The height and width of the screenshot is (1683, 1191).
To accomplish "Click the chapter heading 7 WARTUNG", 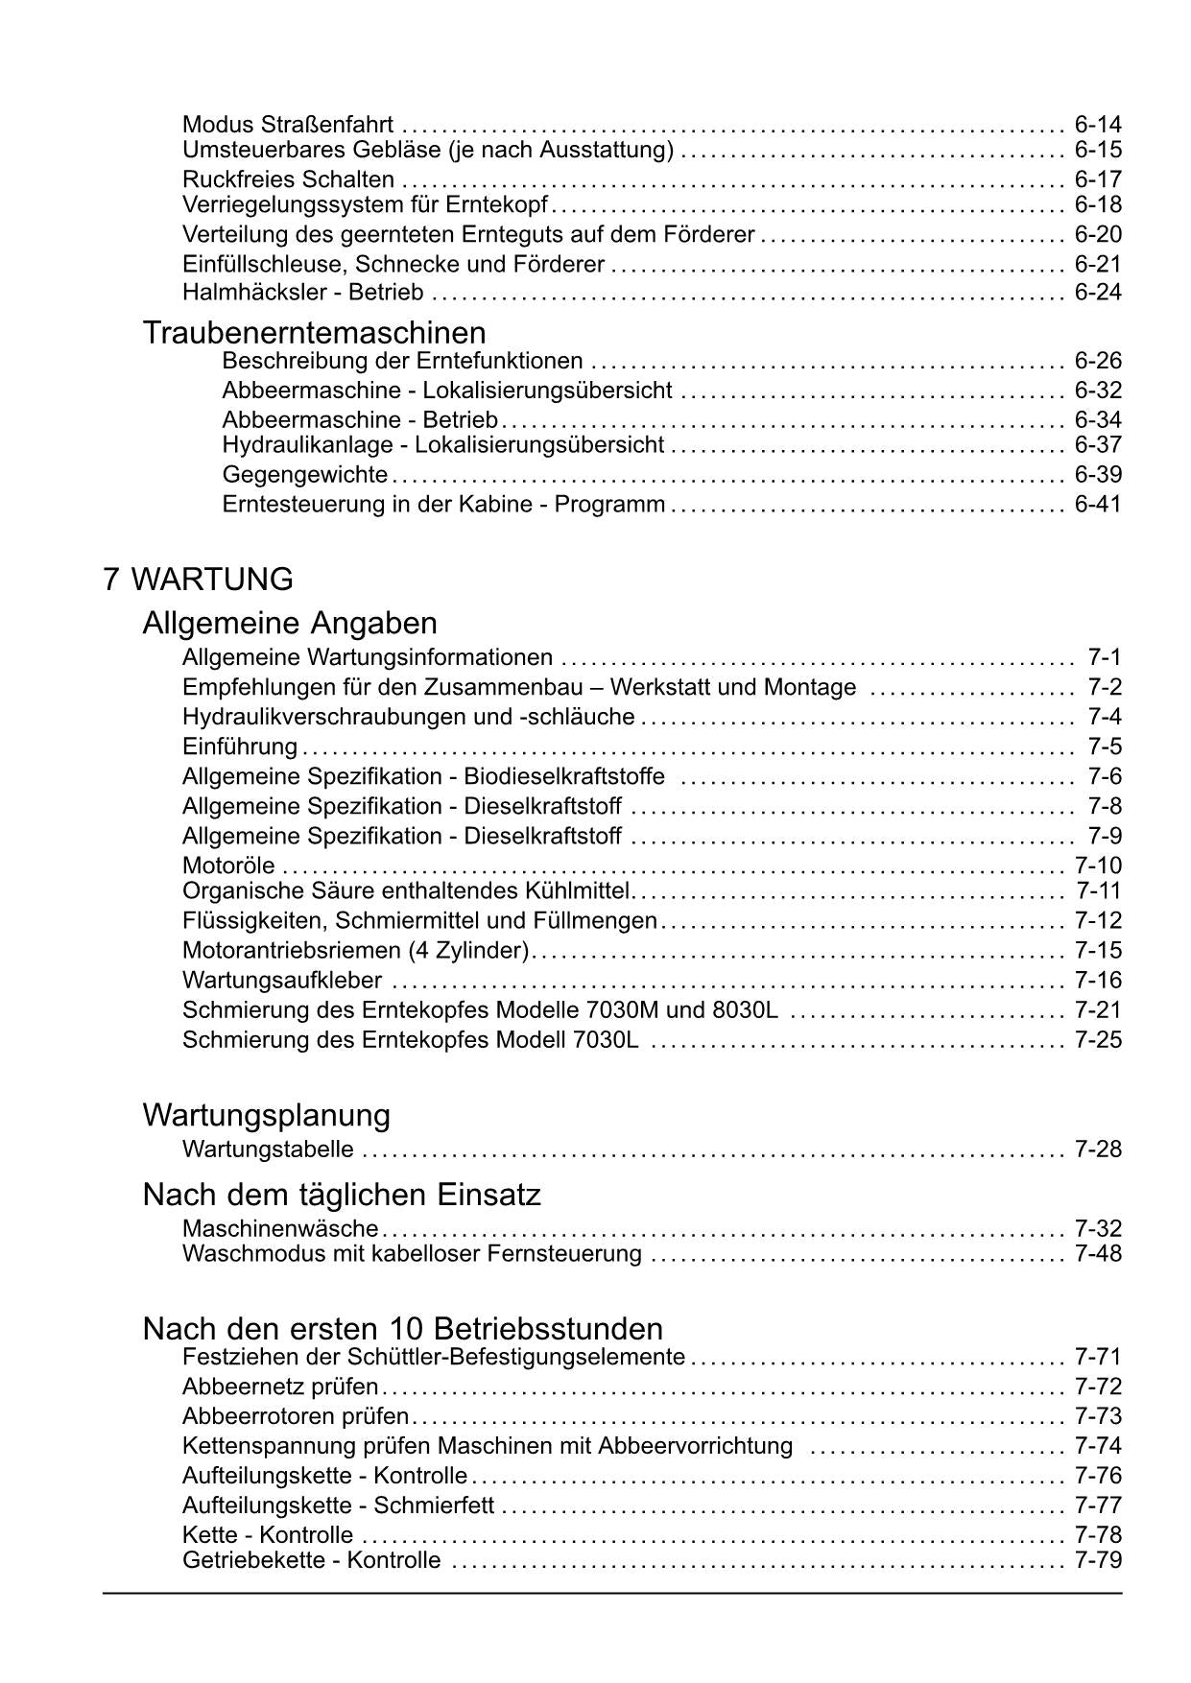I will (x=199, y=580).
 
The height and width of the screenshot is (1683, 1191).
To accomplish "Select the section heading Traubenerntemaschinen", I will (x=314, y=333).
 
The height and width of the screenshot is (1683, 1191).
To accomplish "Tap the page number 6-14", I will (x=1098, y=125).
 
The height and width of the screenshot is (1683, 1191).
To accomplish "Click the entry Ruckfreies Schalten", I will (x=288, y=179).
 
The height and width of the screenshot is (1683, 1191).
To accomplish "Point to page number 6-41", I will (x=1098, y=504).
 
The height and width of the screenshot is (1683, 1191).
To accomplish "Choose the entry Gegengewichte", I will (x=304, y=475).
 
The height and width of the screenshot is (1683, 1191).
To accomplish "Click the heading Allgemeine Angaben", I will (x=290, y=624).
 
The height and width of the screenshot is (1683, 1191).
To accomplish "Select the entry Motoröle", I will (x=228, y=865).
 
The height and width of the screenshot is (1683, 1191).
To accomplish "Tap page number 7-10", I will (x=1098, y=865).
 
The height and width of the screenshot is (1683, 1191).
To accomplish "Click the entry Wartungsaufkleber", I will (x=282, y=981).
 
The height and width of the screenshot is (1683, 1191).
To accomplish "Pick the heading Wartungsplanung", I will (x=267, y=1115).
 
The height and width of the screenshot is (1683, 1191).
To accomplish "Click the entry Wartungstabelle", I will (x=268, y=1150).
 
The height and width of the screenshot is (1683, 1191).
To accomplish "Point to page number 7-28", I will (x=1098, y=1150).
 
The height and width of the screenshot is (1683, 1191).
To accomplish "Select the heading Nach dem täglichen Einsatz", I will (x=342, y=1195).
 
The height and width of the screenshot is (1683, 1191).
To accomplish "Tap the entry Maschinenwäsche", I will (x=280, y=1229).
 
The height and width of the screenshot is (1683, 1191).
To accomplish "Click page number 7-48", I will (x=1098, y=1253).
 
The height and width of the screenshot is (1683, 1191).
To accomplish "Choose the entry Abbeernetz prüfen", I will (x=280, y=1387).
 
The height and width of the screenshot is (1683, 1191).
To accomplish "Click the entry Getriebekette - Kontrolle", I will (x=312, y=1560).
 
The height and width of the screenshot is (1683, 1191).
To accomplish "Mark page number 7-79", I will (x=1098, y=1560).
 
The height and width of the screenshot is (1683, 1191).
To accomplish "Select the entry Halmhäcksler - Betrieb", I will (x=303, y=293).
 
